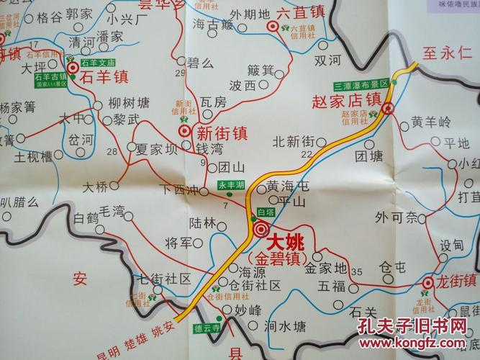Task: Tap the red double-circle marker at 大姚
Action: click(260, 230)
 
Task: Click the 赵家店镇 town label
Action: click(347, 99)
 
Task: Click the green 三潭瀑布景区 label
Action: click(360, 84)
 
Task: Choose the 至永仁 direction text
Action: click(447, 53)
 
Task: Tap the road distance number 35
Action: click(358, 271)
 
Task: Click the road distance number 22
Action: click(307, 153)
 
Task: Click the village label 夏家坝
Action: click(156, 150)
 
